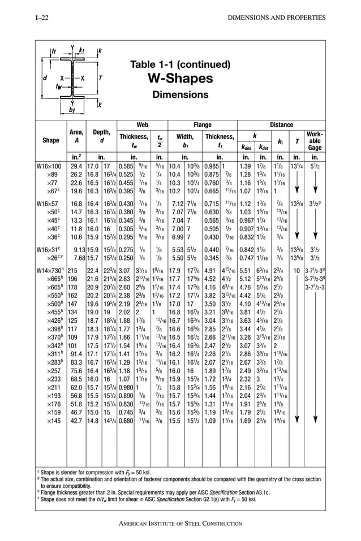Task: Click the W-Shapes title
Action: click(180, 77)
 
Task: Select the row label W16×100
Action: click(51, 167)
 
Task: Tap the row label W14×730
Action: click(52, 271)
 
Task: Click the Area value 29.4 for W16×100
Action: click(76, 167)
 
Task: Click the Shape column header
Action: click(51, 140)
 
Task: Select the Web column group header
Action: click(142, 124)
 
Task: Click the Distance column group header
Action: click(281, 124)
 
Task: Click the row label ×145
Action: click(55, 421)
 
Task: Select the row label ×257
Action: click(55, 370)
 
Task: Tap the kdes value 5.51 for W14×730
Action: click(245, 271)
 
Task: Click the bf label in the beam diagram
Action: click(72, 111)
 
